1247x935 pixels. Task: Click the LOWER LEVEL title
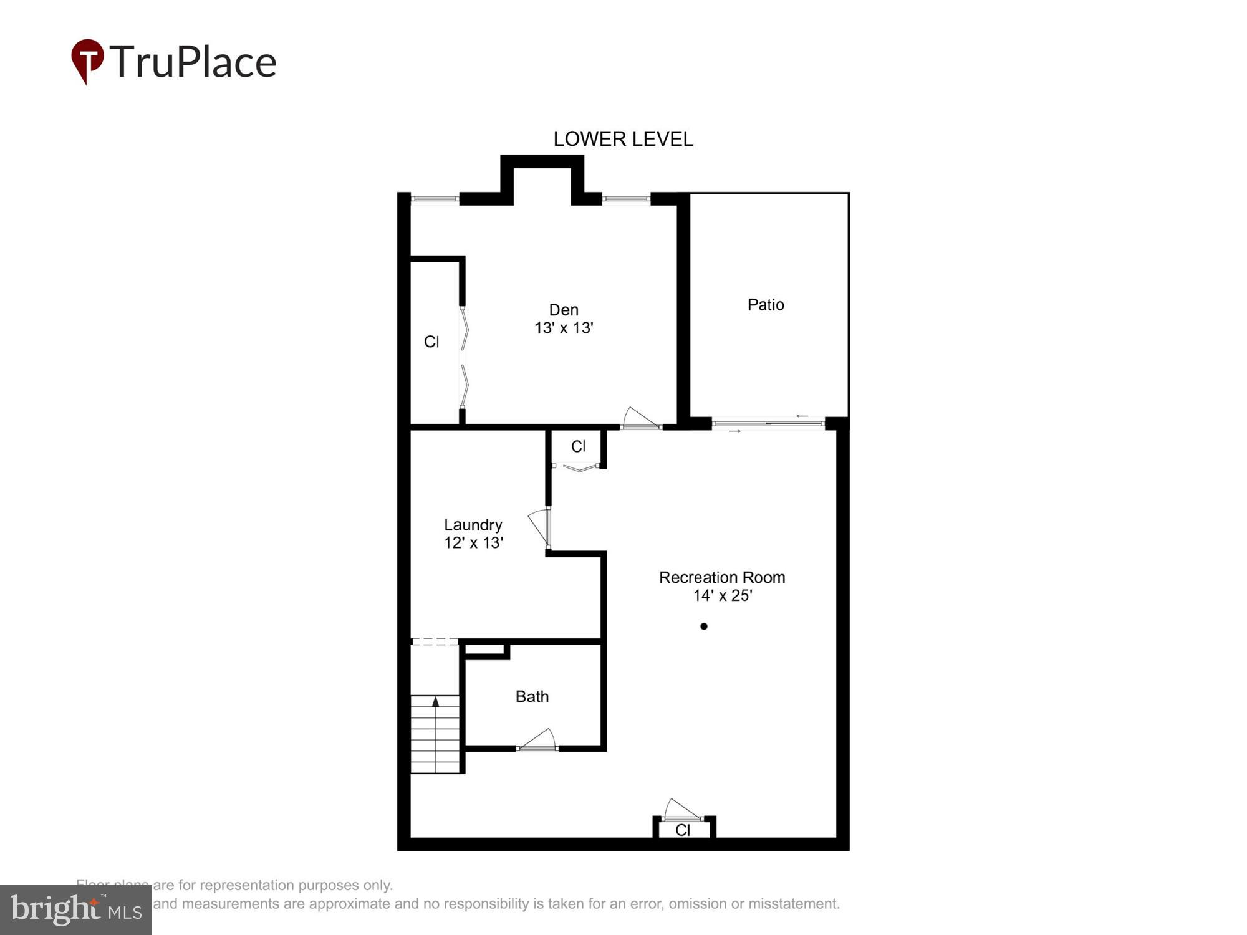(x=623, y=139)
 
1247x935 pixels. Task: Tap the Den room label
(x=564, y=310)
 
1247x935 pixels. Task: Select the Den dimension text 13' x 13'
(x=564, y=328)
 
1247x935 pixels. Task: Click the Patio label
(x=766, y=305)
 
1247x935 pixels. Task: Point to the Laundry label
(x=473, y=525)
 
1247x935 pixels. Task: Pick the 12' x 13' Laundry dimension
(x=473, y=543)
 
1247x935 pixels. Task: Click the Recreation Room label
(x=722, y=578)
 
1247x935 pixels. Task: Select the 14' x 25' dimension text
(x=723, y=596)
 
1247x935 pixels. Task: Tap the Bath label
(x=532, y=696)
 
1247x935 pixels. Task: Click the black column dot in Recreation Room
(x=704, y=626)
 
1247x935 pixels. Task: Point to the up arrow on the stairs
(x=436, y=702)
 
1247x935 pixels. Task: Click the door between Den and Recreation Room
(x=640, y=419)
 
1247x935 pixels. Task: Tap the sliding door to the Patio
(x=768, y=423)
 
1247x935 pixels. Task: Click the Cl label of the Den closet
(x=431, y=342)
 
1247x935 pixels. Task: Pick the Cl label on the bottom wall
(x=683, y=830)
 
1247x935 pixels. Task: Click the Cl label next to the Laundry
(x=578, y=446)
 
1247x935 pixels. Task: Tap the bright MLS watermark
(x=76, y=910)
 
